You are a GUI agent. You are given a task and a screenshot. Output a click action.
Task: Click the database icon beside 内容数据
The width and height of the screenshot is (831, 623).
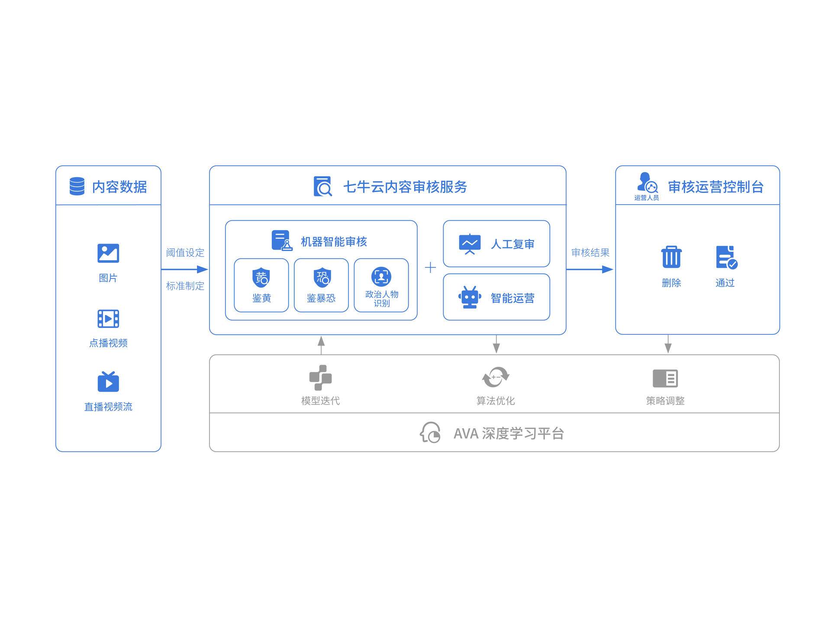pyautogui.click(x=77, y=186)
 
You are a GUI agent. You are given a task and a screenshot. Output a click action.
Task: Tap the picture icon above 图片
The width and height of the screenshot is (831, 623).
pyautogui.click(x=108, y=253)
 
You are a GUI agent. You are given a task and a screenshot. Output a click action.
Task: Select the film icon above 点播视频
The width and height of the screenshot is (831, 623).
pyautogui.click(x=108, y=319)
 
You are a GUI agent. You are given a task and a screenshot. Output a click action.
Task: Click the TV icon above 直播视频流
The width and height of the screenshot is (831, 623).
pyautogui.click(x=108, y=382)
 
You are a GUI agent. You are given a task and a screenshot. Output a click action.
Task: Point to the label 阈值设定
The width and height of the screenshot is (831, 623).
pyautogui.click(x=185, y=253)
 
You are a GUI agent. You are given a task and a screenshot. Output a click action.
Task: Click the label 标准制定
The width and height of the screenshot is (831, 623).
pyautogui.click(x=185, y=286)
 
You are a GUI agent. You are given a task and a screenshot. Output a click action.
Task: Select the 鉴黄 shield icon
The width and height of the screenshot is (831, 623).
pyautogui.click(x=261, y=277)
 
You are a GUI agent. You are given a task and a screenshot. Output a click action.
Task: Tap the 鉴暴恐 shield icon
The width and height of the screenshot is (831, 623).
pyautogui.click(x=322, y=277)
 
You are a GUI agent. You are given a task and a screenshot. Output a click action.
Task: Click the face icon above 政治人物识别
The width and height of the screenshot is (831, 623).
pyautogui.click(x=381, y=277)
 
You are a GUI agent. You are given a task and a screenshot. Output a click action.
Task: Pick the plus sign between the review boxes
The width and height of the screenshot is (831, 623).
pyautogui.click(x=430, y=268)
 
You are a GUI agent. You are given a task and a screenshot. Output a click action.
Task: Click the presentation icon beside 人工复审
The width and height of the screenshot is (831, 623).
pyautogui.click(x=470, y=244)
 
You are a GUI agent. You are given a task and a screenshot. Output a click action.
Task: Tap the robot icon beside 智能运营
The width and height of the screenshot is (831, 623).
pyautogui.click(x=470, y=297)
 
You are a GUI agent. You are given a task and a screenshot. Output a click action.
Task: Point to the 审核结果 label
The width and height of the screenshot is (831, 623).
pyautogui.click(x=590, y=253)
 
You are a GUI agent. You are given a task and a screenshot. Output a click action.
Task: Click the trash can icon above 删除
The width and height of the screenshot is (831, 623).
pyautogui.click(x=671, y=257)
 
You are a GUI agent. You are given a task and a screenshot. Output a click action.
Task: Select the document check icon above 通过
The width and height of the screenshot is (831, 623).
pyautogui.click(x=726, y=257)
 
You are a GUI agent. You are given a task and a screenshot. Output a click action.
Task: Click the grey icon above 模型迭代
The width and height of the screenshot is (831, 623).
pyautogui.click(x=320, y=378)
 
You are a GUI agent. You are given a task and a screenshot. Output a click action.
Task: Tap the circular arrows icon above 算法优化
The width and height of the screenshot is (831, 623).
pyautogui.click(x=496, y=377)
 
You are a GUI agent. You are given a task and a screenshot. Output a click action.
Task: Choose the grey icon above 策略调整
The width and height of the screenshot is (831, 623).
pyautogui.click(x=665, y=378)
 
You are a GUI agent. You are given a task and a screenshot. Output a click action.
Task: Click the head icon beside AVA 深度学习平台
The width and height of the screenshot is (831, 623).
pyautogui.click(x=430, y=433)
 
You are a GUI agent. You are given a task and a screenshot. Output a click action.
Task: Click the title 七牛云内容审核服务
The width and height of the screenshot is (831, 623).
pyautogui.click(x=405, y=187)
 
